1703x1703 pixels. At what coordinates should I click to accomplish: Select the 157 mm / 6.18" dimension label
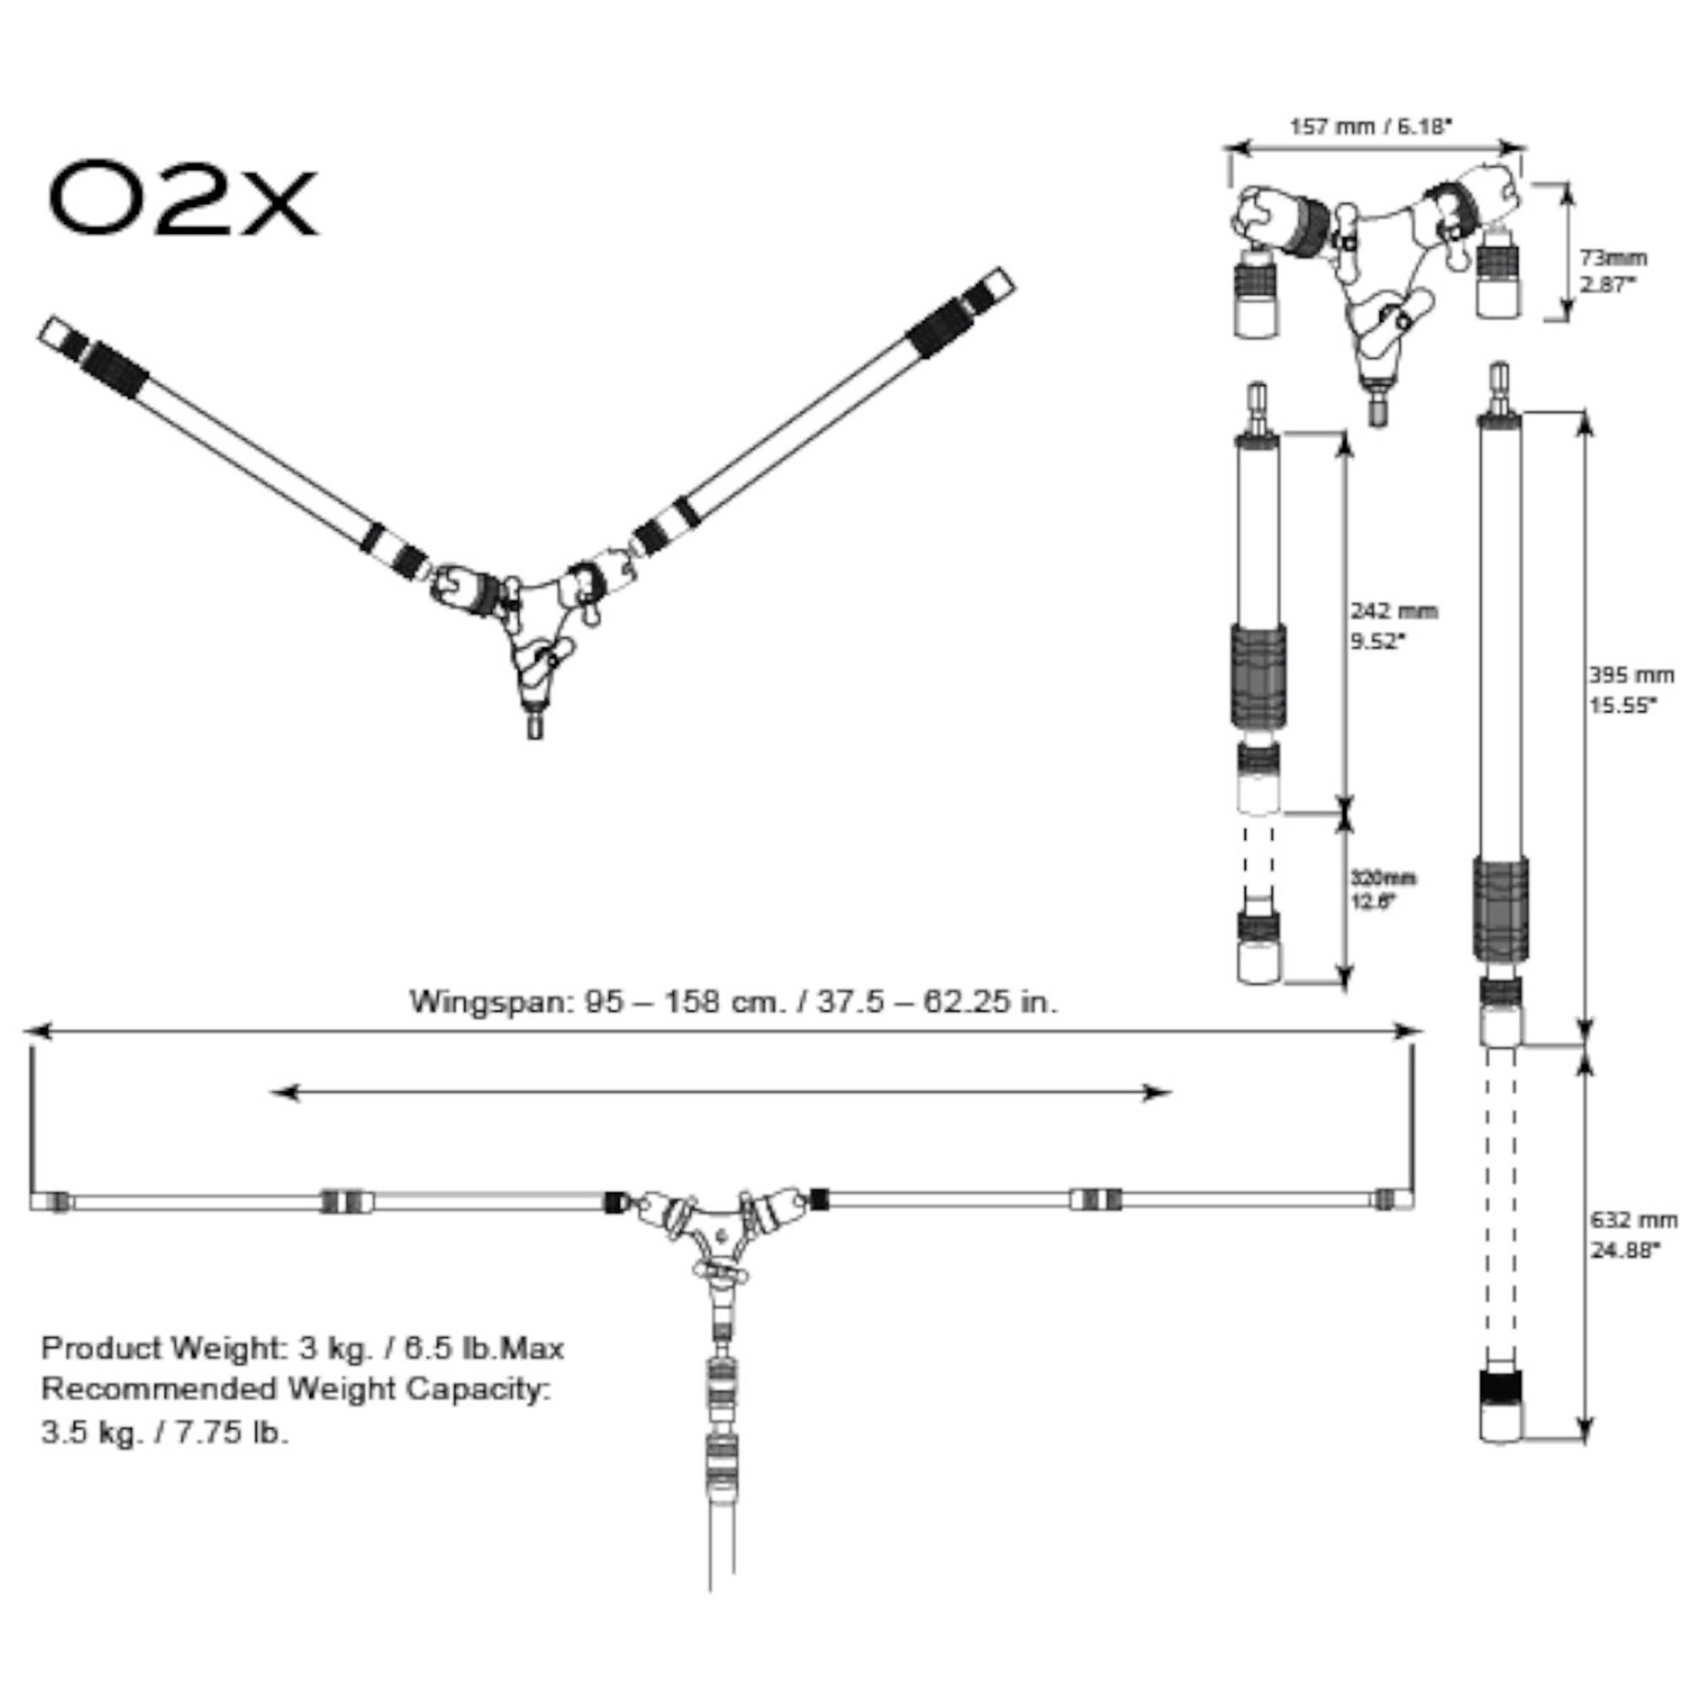click(1371, 127)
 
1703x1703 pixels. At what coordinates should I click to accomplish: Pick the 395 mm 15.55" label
click(1631, 689)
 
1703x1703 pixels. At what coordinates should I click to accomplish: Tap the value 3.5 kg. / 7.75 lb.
click(165, 1432)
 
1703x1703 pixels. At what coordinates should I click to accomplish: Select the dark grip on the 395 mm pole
click(1501, 909)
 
